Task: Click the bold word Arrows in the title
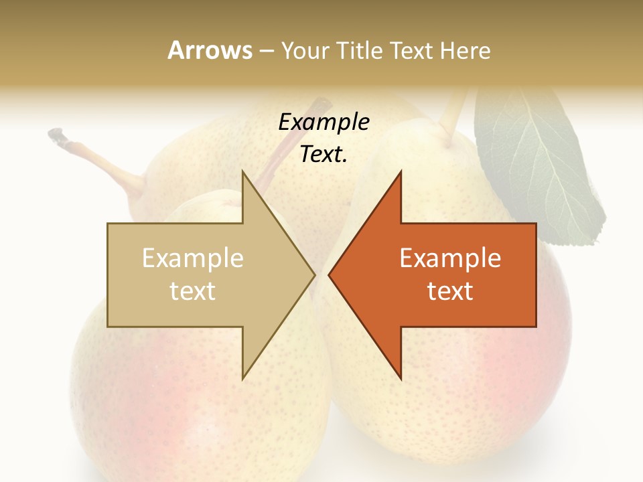coord(210,50)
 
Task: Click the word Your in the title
coord(305,50)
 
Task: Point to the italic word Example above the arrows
coord(324,123)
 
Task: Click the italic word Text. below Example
coord(324,155)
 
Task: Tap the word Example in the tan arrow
coord(193,258)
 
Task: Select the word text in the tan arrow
coord(193,291)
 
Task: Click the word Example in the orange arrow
coord(450,258)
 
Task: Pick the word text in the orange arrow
coord(450,291)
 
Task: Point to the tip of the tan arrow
coord(313,275)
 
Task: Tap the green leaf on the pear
coord(536,167)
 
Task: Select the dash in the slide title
coord(267,51)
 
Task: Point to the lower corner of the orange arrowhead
coord(401,378)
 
